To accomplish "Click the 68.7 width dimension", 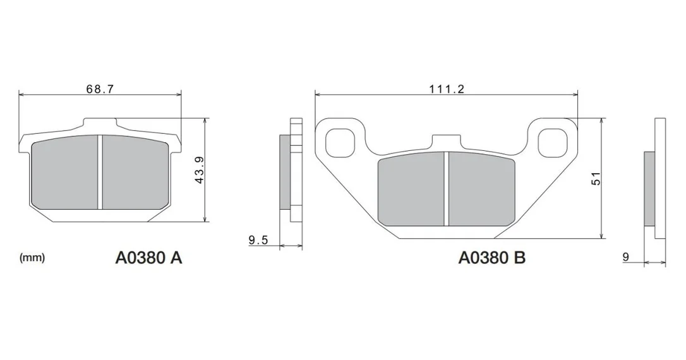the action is (100, 89).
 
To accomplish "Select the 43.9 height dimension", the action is (200, 170).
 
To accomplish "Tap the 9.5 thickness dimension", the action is (258, 240).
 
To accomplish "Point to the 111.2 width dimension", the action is (446, 89).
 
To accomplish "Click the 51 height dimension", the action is (596, 179).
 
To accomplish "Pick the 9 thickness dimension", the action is (625, 257).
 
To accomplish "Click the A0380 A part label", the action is (148, 258).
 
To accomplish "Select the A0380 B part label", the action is (491, 258).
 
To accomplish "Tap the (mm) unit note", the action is (32, 258).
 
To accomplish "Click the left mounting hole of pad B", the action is (340, 143).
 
